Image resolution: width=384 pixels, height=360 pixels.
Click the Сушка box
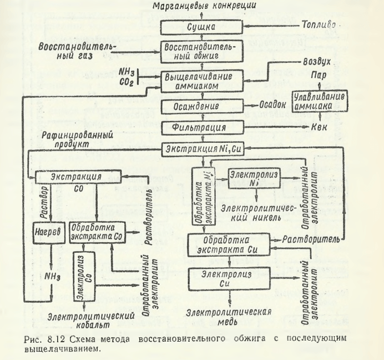point(201,27)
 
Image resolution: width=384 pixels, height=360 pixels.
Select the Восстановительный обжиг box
point(201,52)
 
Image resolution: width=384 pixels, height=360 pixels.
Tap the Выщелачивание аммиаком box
point(201,81)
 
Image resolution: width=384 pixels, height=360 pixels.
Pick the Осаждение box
point(201,106)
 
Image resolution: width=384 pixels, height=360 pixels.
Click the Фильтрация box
point(201,127)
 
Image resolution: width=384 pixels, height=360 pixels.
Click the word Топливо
point(318,26)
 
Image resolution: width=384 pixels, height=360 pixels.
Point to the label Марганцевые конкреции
point(201,6)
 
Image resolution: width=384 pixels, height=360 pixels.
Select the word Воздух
point(320,65)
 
